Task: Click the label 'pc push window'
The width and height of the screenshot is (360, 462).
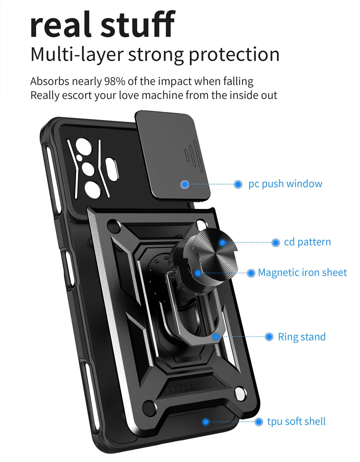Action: point(285,184)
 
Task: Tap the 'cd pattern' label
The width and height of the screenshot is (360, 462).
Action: point(307,242)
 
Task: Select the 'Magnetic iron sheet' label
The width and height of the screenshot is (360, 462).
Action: point(302,273)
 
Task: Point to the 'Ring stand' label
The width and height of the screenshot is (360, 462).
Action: point(302,337)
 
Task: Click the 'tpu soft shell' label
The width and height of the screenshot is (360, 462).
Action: point(296,421)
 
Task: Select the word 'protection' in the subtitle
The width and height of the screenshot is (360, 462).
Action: point(234,55)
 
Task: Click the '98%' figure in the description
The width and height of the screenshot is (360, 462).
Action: point(114,81)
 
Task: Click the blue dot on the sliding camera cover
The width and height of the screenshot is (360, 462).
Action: point(185,185)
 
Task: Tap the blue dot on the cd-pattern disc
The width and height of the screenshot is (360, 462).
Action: point(222,243)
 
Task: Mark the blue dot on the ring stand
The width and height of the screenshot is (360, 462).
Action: point(216,337)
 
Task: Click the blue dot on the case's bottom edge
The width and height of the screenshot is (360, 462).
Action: point(206,422)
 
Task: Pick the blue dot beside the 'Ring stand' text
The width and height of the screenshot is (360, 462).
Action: point(269,337)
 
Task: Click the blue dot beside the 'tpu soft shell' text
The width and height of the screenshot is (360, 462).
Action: point(259,422)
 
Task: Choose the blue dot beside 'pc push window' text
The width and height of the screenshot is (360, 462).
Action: point(238,185)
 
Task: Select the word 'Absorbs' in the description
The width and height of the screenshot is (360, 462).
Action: point(50,81)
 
